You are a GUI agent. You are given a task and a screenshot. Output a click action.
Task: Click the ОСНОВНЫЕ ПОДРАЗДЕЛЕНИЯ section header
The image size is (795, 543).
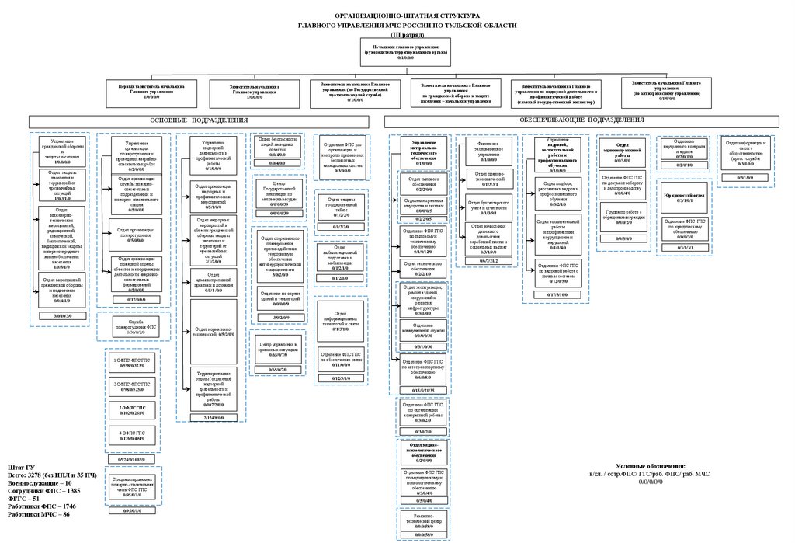pyautogui.click(x=199, y=120)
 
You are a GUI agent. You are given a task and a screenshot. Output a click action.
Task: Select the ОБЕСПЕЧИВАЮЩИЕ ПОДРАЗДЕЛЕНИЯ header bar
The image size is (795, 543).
pyautogui.click(x=581, y=120)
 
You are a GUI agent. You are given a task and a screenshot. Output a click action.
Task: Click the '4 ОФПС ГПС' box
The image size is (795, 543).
pyautogui.click(x=130, y=435)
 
